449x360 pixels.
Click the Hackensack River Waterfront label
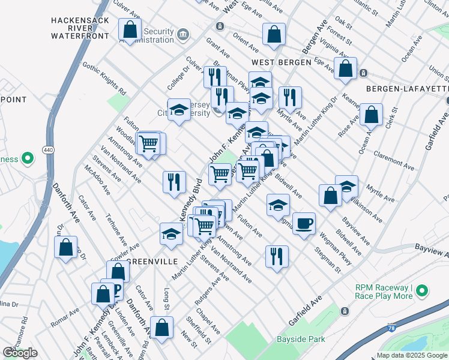coord(79,28)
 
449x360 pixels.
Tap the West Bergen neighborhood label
coord(281,62)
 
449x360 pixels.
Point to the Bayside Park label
coord(301,340)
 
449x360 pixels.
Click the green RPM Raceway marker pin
coord(422,292)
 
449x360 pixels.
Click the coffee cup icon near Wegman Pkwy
coord(304,223)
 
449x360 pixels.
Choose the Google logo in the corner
coord(20,353)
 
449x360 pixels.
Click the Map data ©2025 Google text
coord(411,355)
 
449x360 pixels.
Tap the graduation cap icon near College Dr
coord(178,110)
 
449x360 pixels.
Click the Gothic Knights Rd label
coord(104,79)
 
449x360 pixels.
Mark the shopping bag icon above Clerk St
coord(372,116)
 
